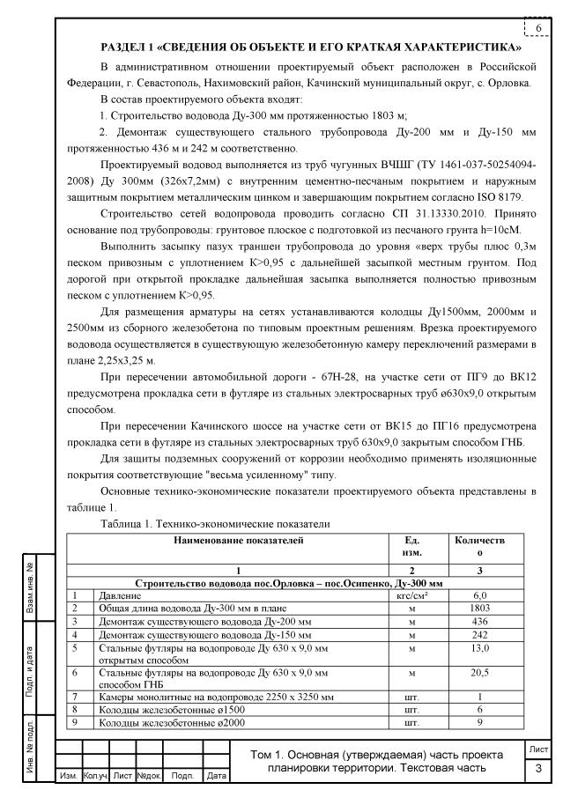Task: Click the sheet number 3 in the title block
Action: pos(538,770)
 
